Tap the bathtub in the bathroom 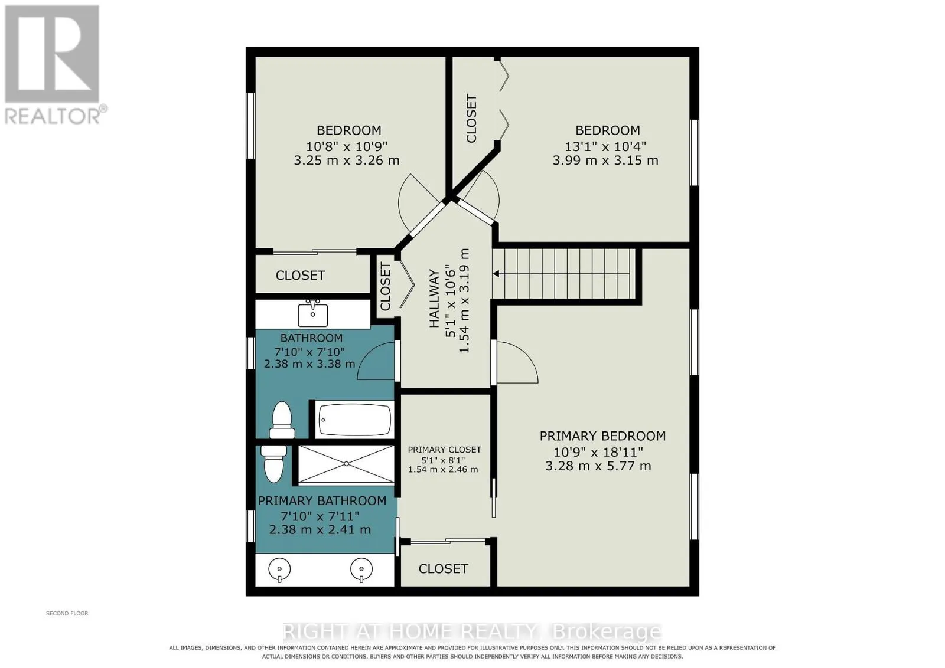tap(354, 420)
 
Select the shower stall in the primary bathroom tap(346, 464)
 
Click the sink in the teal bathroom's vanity tap(312, 313)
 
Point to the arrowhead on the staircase tap(497, 274)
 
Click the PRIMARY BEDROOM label tap(602, 435)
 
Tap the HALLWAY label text tap(434, 299)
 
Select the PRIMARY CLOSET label tap(444, 450)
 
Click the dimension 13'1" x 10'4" tap(605, 146)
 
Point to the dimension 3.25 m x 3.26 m tap(346, 161)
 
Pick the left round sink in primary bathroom tap(279, 569)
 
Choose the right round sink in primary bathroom tap(361, 569)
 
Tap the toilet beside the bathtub tap(282, 420)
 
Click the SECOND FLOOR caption tap(67, 613)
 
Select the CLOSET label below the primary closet tap(443, 569)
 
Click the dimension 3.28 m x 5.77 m tap(598, 466)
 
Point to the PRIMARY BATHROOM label tap(322, 500)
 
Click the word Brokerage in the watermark tap(607, 632)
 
